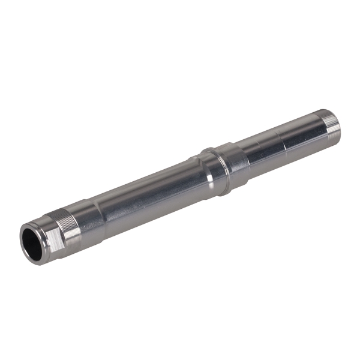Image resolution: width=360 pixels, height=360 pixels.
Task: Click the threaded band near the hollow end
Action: point(67,223)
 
